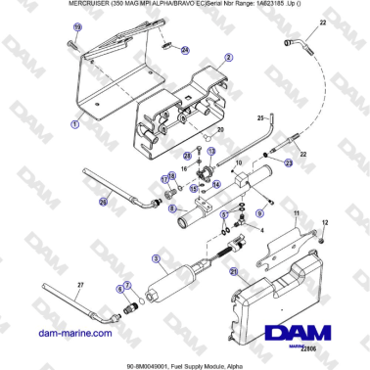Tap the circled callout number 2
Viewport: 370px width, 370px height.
pyautogui.click(x=228, y=58)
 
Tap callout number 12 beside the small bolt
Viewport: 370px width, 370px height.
pyautogui.click(x=327, y=223)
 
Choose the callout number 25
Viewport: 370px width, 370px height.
pyautogui.click(x=260, y=116)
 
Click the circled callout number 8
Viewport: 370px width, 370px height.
pyautogui.click(x=172, y=208)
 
